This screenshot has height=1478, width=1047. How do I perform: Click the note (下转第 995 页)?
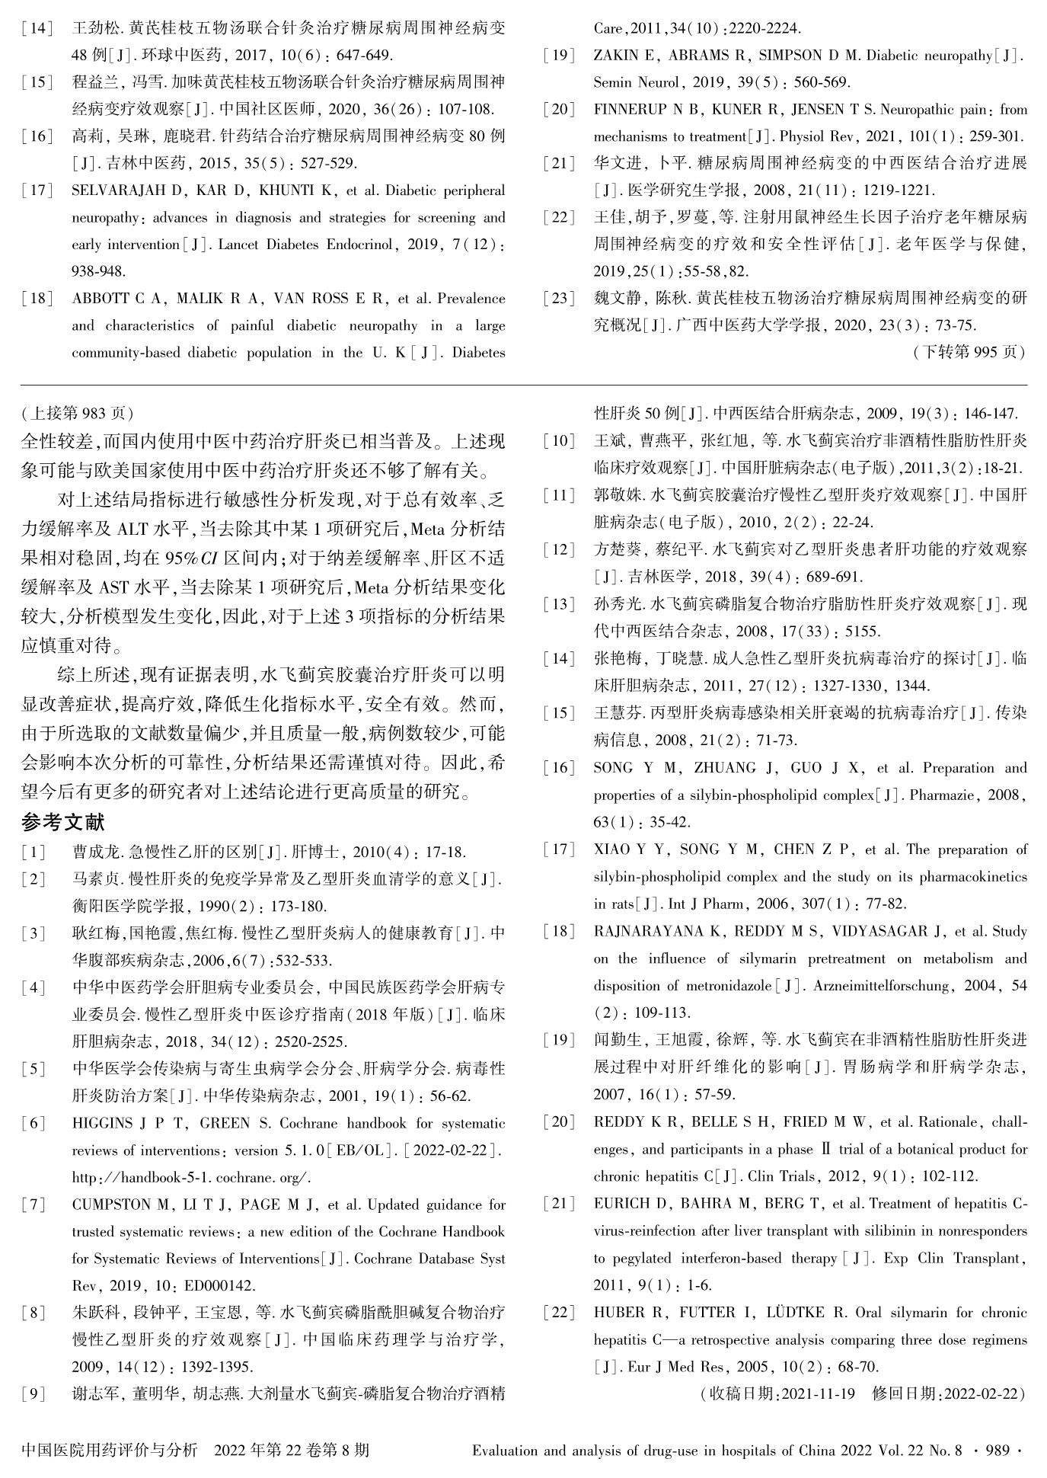coord(968,352)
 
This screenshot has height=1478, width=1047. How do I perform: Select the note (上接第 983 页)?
coord(77,413)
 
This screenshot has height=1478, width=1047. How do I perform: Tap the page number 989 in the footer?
coord(998,1451)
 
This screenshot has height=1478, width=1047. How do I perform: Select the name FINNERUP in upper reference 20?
coord(631,110)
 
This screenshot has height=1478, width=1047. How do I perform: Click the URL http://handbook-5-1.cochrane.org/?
coord(191,1178)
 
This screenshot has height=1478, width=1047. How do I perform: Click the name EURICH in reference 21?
coord(618,1204)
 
